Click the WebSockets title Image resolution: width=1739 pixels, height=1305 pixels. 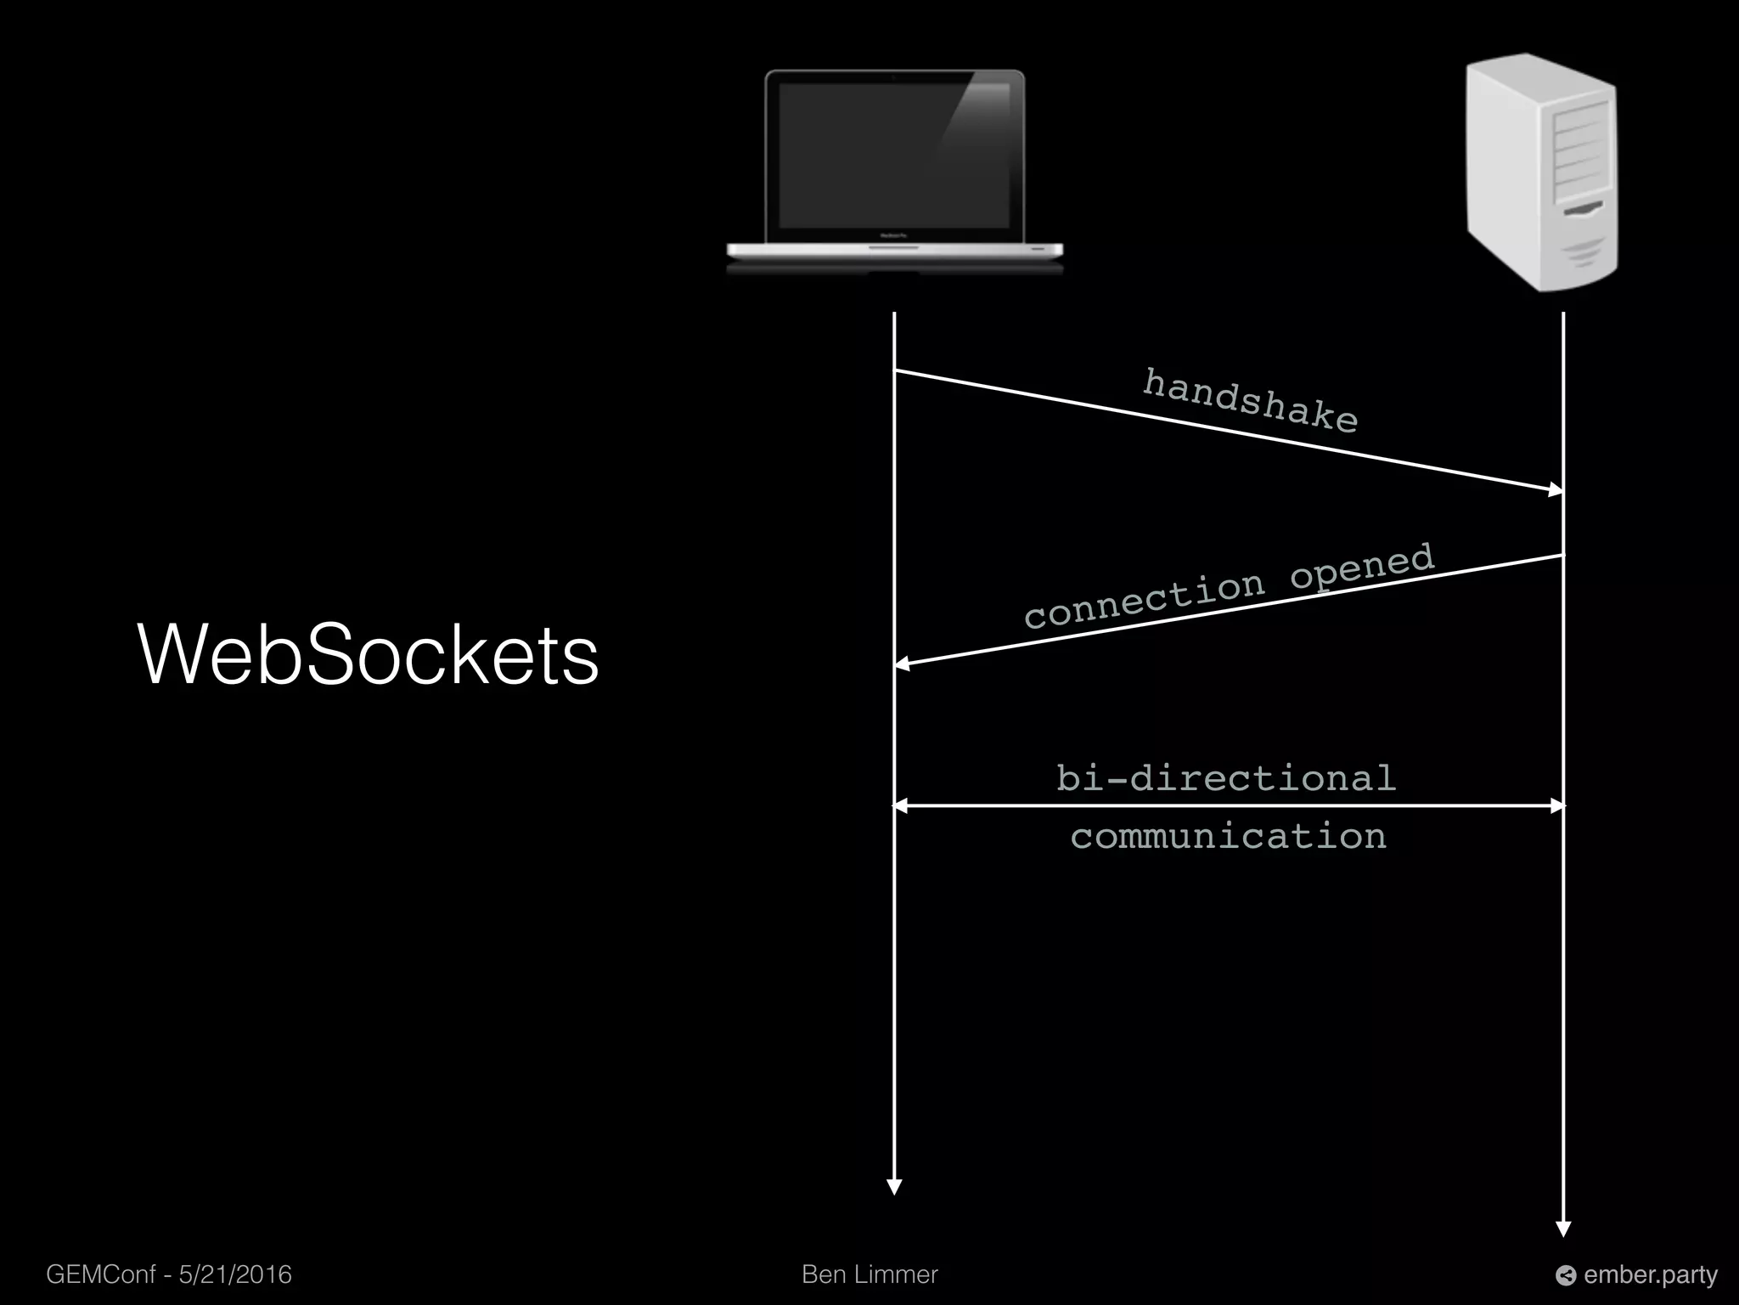pyautogui.click(x=368, y=654)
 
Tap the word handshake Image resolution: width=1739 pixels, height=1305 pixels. pyautogui.click(x=1250, y=401)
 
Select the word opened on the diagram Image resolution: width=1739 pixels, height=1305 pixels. pyautogui.click(x=1362, y=566)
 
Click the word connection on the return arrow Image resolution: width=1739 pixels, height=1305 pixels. pyautogui.click(x=1144, y=600)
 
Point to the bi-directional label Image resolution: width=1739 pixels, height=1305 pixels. pyautogui.click(x=1226, y=778)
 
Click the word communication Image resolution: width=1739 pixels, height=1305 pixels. pyautogui.click(x=1228, y=837)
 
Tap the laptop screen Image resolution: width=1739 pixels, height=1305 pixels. pyautogui.click(x=894, y=156)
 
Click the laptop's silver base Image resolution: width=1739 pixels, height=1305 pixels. pyautogui.click(x=894, y=251)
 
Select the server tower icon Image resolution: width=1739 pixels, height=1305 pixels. pyautogui.click(x=1541, y=172)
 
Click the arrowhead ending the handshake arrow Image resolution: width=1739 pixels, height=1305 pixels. pyautogui.click(x=1556, y=489)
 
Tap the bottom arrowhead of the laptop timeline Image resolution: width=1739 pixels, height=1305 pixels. pyautogui.click(x=894, y=1187)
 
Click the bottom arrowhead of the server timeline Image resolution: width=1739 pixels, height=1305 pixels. pyautogui.click(x=1563, y=1229)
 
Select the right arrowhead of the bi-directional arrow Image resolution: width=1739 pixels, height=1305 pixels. pyautogui.click(x=1556, y=805)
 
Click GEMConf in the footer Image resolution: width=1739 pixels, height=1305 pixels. pyautogui.click(x=100, y=1274)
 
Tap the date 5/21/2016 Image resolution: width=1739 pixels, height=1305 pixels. pyautogui.click(x=235, y=1274)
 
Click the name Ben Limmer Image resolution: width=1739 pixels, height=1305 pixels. pyautogui.click(x=869, y=1274)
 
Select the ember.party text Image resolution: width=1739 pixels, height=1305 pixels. pyautogui.click(x=1650, y=1274)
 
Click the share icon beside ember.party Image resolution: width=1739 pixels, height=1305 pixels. pyautogui.click(x=1566, y=1275)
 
